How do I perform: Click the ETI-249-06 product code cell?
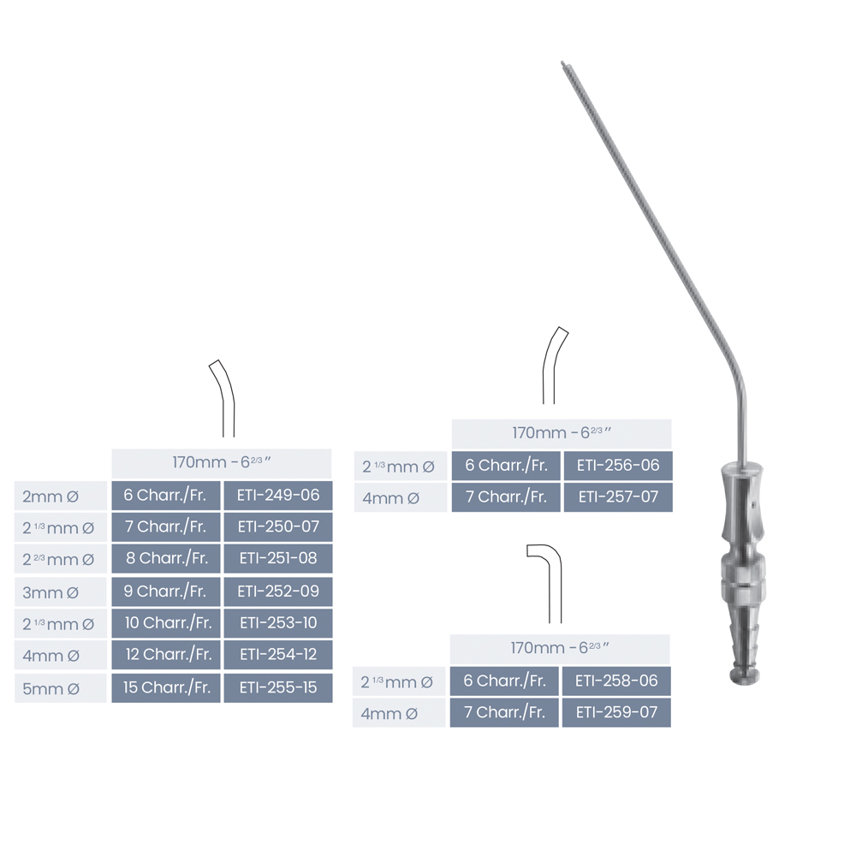(278, 495)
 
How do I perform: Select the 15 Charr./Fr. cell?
(166, 687)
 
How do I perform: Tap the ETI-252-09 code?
(278, 591)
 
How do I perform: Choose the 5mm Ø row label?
(60, 688)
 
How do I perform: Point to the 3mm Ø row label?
(60, 591)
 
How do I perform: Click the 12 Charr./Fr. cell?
(166, 654)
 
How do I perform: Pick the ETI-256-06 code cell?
(618, 466)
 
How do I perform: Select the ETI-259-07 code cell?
(616, 712)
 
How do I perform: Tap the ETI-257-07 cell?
(618, 496)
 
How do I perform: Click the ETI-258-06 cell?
(616, 681)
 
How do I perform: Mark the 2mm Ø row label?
(60, 496)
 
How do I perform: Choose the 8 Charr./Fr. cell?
(166, 558)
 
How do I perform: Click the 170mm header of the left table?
(221, 463)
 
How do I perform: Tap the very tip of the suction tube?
(562, 62)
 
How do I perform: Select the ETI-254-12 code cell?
(278, 654)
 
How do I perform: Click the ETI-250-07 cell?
(278, 526)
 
